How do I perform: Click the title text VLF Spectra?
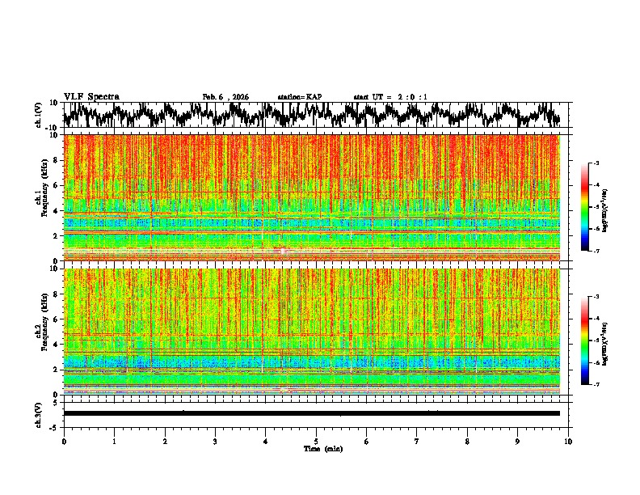pos(91,97)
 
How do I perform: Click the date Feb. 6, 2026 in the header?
pos(225,97)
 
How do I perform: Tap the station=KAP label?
pos(300,97)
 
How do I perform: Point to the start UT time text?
pos(390,97)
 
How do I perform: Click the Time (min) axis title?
pos(316,448)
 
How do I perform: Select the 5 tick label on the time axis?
pos(316,441)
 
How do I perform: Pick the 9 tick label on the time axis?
pos(518,441)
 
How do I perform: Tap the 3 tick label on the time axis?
pos(215,441)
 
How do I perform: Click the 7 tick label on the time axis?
pos(417,441)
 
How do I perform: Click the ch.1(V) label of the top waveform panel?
pos(40,115)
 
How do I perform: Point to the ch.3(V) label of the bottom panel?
pos(40,413)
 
